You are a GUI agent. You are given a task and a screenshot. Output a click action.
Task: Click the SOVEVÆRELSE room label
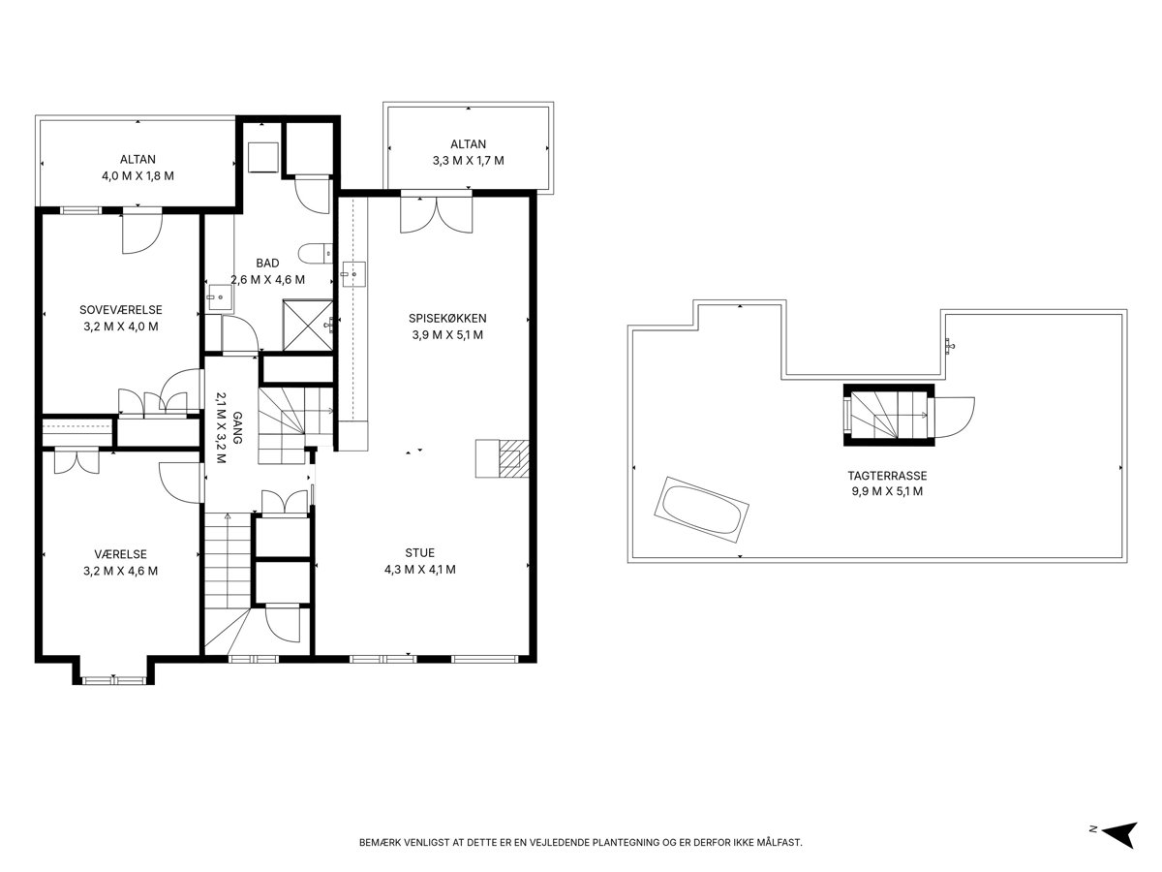point(121,310)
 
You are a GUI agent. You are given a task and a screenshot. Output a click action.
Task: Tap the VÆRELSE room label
point(121,554)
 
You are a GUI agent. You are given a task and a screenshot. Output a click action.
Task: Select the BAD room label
point(267,264)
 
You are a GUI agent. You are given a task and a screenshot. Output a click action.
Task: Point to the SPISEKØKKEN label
point(447,318)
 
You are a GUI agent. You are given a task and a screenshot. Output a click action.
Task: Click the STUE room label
point(420,552)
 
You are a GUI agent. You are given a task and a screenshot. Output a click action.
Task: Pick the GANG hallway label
point(237,428)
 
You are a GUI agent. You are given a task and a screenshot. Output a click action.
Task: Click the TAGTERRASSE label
point(887,476)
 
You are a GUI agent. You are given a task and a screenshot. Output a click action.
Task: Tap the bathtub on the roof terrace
point(701,510)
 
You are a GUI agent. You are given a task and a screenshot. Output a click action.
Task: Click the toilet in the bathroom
point(315,254)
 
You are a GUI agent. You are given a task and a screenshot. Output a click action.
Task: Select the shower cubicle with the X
point(308,326)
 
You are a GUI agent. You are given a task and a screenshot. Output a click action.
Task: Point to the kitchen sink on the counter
point(353,274)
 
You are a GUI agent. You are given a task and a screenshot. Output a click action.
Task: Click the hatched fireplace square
point(514,458)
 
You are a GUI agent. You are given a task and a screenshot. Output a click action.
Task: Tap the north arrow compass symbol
point(1120,835)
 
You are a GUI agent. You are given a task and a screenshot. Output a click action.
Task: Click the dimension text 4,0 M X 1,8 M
point(138,175)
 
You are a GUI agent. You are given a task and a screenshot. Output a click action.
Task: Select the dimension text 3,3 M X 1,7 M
point(469,161)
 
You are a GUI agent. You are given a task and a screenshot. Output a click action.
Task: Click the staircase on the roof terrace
point(888,415)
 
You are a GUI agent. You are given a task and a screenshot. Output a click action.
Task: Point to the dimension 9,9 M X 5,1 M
point(887,491)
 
